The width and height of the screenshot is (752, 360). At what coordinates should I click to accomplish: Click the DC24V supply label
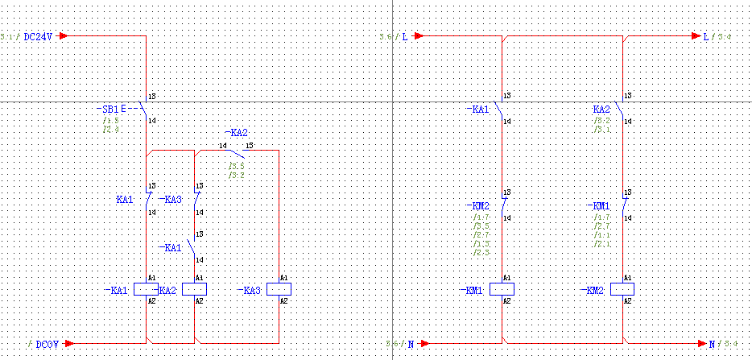click(x=38, y=37)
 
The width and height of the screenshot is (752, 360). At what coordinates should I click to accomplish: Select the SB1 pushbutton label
click(x=107, y=109)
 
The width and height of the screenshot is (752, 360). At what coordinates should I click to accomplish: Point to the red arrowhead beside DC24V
click(x=64, y=36)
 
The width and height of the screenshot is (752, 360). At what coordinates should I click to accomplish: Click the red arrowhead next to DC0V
click(x=69, y=343)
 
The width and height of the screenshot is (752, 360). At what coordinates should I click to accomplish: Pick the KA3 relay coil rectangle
click(x=279, y=289)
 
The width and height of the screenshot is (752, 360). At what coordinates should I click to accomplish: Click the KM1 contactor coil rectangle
click(x=502, y=288)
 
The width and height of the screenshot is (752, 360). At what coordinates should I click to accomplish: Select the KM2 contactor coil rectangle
click(x=622, y=288)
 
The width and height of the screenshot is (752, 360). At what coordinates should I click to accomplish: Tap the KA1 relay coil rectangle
click(x=146, y=289)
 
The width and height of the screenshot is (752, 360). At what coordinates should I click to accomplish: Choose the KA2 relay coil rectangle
click(x=195, y=289)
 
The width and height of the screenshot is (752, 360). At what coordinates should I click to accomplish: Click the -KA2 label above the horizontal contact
click(x=236, y=133)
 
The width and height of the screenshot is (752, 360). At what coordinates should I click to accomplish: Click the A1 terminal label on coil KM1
click(x=507, y=278)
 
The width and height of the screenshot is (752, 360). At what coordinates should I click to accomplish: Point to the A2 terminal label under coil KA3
click(x=283, y=300)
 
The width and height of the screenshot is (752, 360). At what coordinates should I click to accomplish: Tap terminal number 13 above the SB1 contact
click(x=151, y=97)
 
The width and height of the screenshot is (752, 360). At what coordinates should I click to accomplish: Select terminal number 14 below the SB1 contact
click(x=151, y=121)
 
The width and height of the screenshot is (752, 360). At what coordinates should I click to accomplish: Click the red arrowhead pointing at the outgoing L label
click(x=696, y=36)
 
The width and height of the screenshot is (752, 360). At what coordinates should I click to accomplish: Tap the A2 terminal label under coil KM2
click(x=628, y=300)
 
